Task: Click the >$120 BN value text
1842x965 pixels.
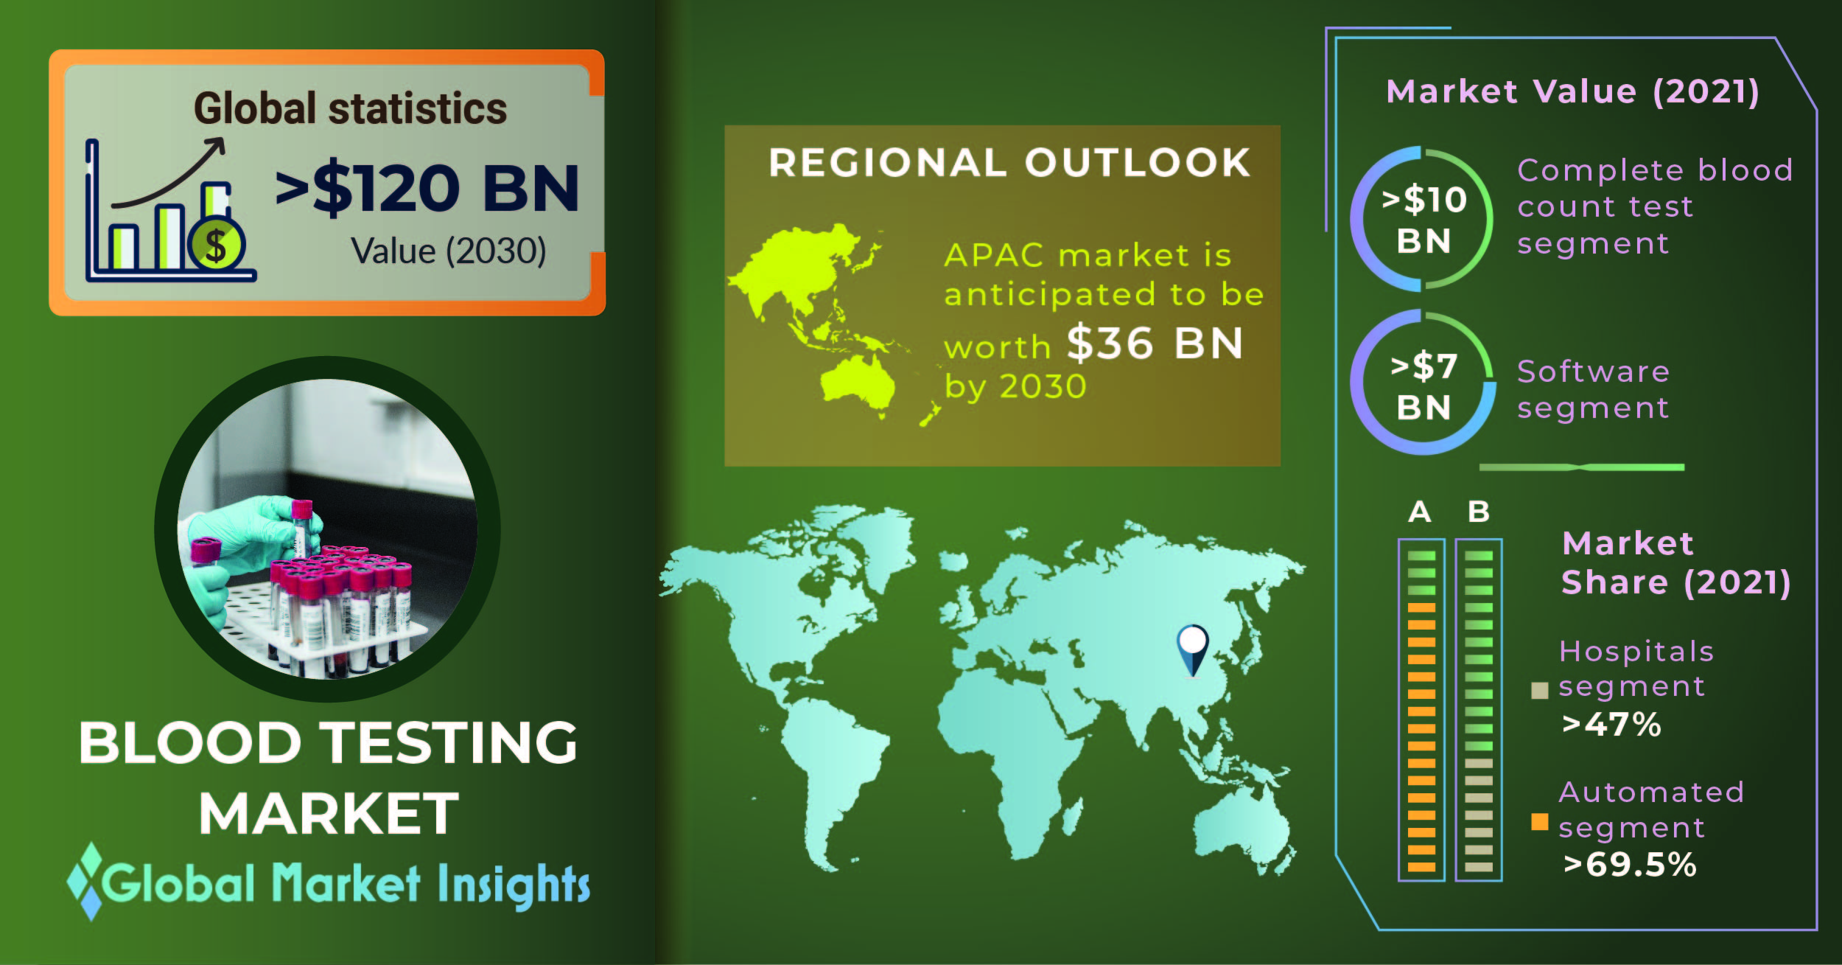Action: tap(427, 188)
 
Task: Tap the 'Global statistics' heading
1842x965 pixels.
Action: tap(350, 109)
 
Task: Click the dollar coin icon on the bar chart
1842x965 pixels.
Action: tap(216, 244)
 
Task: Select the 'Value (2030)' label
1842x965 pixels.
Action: tap(448, 251)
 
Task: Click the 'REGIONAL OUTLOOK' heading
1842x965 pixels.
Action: tap(1009, 162)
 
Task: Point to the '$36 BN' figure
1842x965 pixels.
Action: tap(1155, 343)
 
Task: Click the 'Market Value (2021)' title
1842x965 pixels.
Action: tap(1572, 92)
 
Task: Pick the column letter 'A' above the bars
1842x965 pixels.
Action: tap(1420, 512)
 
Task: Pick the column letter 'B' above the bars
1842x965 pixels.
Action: tap(1479, 512)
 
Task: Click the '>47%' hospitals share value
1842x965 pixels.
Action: tap(1611, 725)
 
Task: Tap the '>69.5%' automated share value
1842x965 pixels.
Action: tap(1630, 865)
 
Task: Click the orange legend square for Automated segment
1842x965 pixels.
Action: tap(1539, 821)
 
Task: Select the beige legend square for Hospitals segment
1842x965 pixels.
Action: tap(1539, 690)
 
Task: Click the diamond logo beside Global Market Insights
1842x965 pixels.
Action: tap(91, 882)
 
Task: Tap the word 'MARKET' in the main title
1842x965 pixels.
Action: tap(328, 813)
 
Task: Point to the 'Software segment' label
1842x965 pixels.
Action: tap(1593, 389)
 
